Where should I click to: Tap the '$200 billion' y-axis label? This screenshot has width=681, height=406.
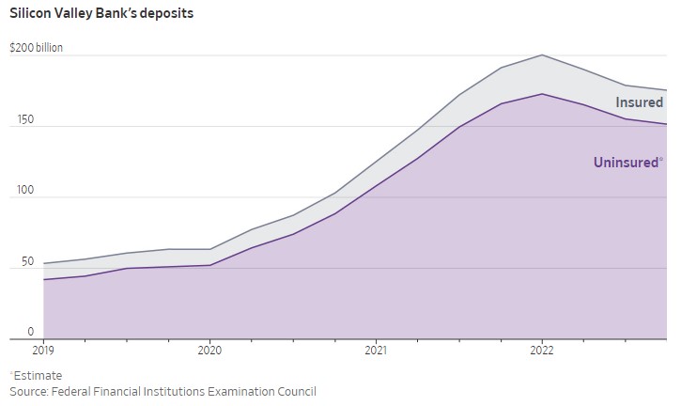[37, 47]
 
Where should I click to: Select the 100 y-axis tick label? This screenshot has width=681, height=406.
[21, 191]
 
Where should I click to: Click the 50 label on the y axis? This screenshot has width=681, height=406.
[18, 261]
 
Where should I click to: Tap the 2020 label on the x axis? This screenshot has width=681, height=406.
[209, 351]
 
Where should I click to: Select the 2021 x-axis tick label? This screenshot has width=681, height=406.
[376, 351]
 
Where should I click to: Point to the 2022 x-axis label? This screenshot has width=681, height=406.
[542, 351]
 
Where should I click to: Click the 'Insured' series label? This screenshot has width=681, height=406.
[639, 102]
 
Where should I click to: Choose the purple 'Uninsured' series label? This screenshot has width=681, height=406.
[627, 163]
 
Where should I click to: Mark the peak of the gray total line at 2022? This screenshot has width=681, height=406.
[542, 55]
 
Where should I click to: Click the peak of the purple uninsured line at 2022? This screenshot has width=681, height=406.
[542, 94]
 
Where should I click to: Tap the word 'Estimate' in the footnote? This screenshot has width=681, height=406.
[39, 375]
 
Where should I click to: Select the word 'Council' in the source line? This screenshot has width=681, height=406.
[294, 391]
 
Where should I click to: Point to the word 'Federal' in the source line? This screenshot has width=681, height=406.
[78, 391]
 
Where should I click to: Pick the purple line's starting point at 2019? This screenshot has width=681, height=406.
[44, 279]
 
